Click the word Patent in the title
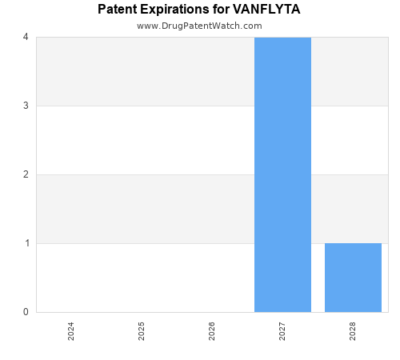pyautogui.click(x=118, y=10)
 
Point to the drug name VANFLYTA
pyautogui.click(x=266, y=10)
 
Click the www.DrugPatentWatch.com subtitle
pyautogui.click(x=199, y=26)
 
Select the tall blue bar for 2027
pyautogui.click(x=282, y=174)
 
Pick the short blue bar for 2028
pyautogui.click(x=353, y=278)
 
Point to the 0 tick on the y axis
pyautogui.click(x=26, y=312)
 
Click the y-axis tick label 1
pyautogui.click(x=26, y=243)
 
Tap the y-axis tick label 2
pyautogui.click(x=26, y=174)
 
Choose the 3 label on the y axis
pyautogui.click(x=26, y=106)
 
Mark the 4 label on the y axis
pyautogui.click(x=26, y=37)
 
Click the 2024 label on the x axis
pyautogui.click(x=71, y=331)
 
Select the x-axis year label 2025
pyautogui.click(x=142, y=331)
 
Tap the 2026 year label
pyautogui.click(x=212, y=331)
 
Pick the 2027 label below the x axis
pyautogui.click(x=282, y=331)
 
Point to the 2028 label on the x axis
pyautogui.click(x=353, y=331)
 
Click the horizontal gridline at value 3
pyautogui.click(x=144, y=106)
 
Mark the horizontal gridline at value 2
pyautogui.click(x=144, y=174)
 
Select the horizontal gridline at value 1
pyautogui.click(x=144, y=243)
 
